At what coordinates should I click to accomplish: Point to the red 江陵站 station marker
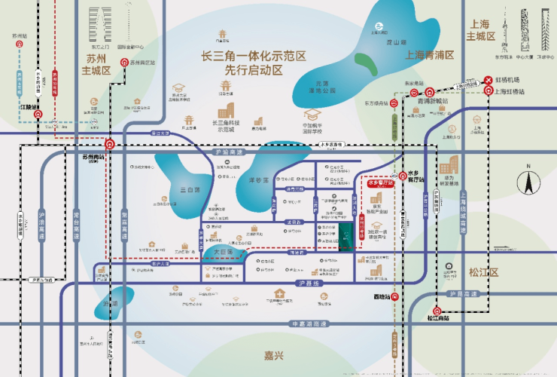[39, 115]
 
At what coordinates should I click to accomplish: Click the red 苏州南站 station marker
[110, 144]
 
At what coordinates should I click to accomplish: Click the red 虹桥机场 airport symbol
[487, 79]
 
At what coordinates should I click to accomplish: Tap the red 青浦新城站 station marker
[428, 91]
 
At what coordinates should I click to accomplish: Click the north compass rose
[528, 182]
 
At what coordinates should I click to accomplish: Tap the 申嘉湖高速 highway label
[309, 324]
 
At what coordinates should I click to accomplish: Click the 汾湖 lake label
[111, 304]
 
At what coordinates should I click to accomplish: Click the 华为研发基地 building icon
[449, 166]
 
